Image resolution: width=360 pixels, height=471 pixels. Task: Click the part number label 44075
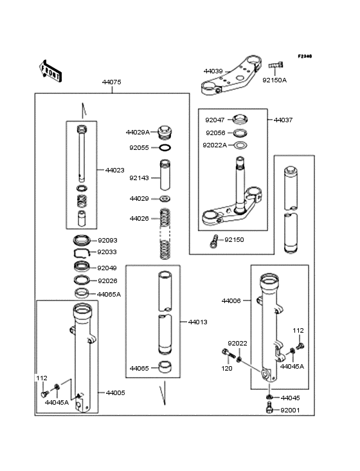(x=111, y=82)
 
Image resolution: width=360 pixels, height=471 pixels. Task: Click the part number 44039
(x=213, y=71)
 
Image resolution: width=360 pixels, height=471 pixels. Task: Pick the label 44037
(x=283, y=120)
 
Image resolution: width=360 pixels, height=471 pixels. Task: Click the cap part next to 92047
(x=240, y=119)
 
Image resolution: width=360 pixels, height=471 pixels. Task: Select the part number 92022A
(x=215, y=145)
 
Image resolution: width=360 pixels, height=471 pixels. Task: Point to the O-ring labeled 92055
(x=165, y=147)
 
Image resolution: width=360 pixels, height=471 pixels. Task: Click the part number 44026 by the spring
(x=139, y=219)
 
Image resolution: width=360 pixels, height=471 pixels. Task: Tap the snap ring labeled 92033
(x=82, y=253)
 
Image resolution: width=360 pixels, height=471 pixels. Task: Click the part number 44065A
(x=109, y=294)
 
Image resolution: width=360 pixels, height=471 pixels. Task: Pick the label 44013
(x=197, y=321)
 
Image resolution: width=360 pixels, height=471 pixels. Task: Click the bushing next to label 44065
(x=165, y=369)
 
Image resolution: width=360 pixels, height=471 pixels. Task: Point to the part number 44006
(x=231, y=300)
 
